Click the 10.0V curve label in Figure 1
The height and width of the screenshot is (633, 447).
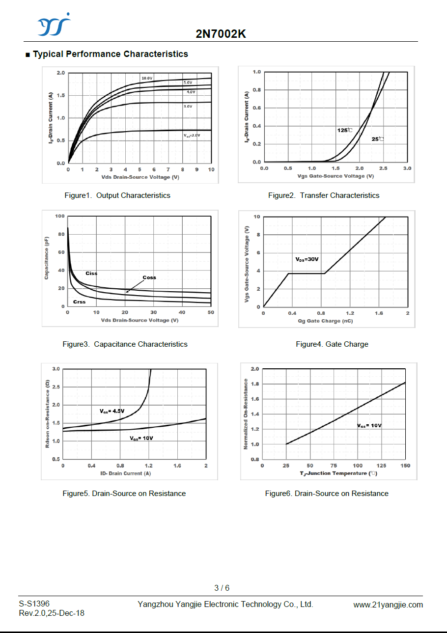coord(147,79)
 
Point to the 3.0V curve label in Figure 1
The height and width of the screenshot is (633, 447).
coord(188,106)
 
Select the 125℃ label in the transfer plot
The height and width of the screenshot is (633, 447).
coord(344,130)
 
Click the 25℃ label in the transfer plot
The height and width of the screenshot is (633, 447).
coord(377,139)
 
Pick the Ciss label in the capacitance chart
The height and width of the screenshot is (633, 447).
coord(91,273)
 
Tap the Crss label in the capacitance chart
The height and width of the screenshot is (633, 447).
coord(79,302)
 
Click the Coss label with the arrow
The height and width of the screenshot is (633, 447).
coord(149,277)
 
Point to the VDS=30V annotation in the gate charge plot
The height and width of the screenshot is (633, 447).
coord(307,259)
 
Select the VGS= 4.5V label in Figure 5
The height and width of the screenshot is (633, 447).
coord(112,411)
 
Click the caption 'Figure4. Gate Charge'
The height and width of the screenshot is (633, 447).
coord(332,344)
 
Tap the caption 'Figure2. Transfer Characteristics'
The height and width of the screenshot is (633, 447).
coord(324,195)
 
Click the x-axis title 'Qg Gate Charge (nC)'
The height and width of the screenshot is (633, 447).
coord(325,321)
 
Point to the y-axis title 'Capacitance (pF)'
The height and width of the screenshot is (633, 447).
coord(47,257)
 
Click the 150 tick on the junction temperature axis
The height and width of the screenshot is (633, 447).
coord(405,466)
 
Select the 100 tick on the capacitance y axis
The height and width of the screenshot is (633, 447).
coord(60,216)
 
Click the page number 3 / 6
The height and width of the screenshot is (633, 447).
coord(222,588)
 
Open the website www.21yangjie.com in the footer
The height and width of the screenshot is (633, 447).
coord(388,605)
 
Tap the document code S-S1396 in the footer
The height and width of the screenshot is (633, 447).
coord(34,604)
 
